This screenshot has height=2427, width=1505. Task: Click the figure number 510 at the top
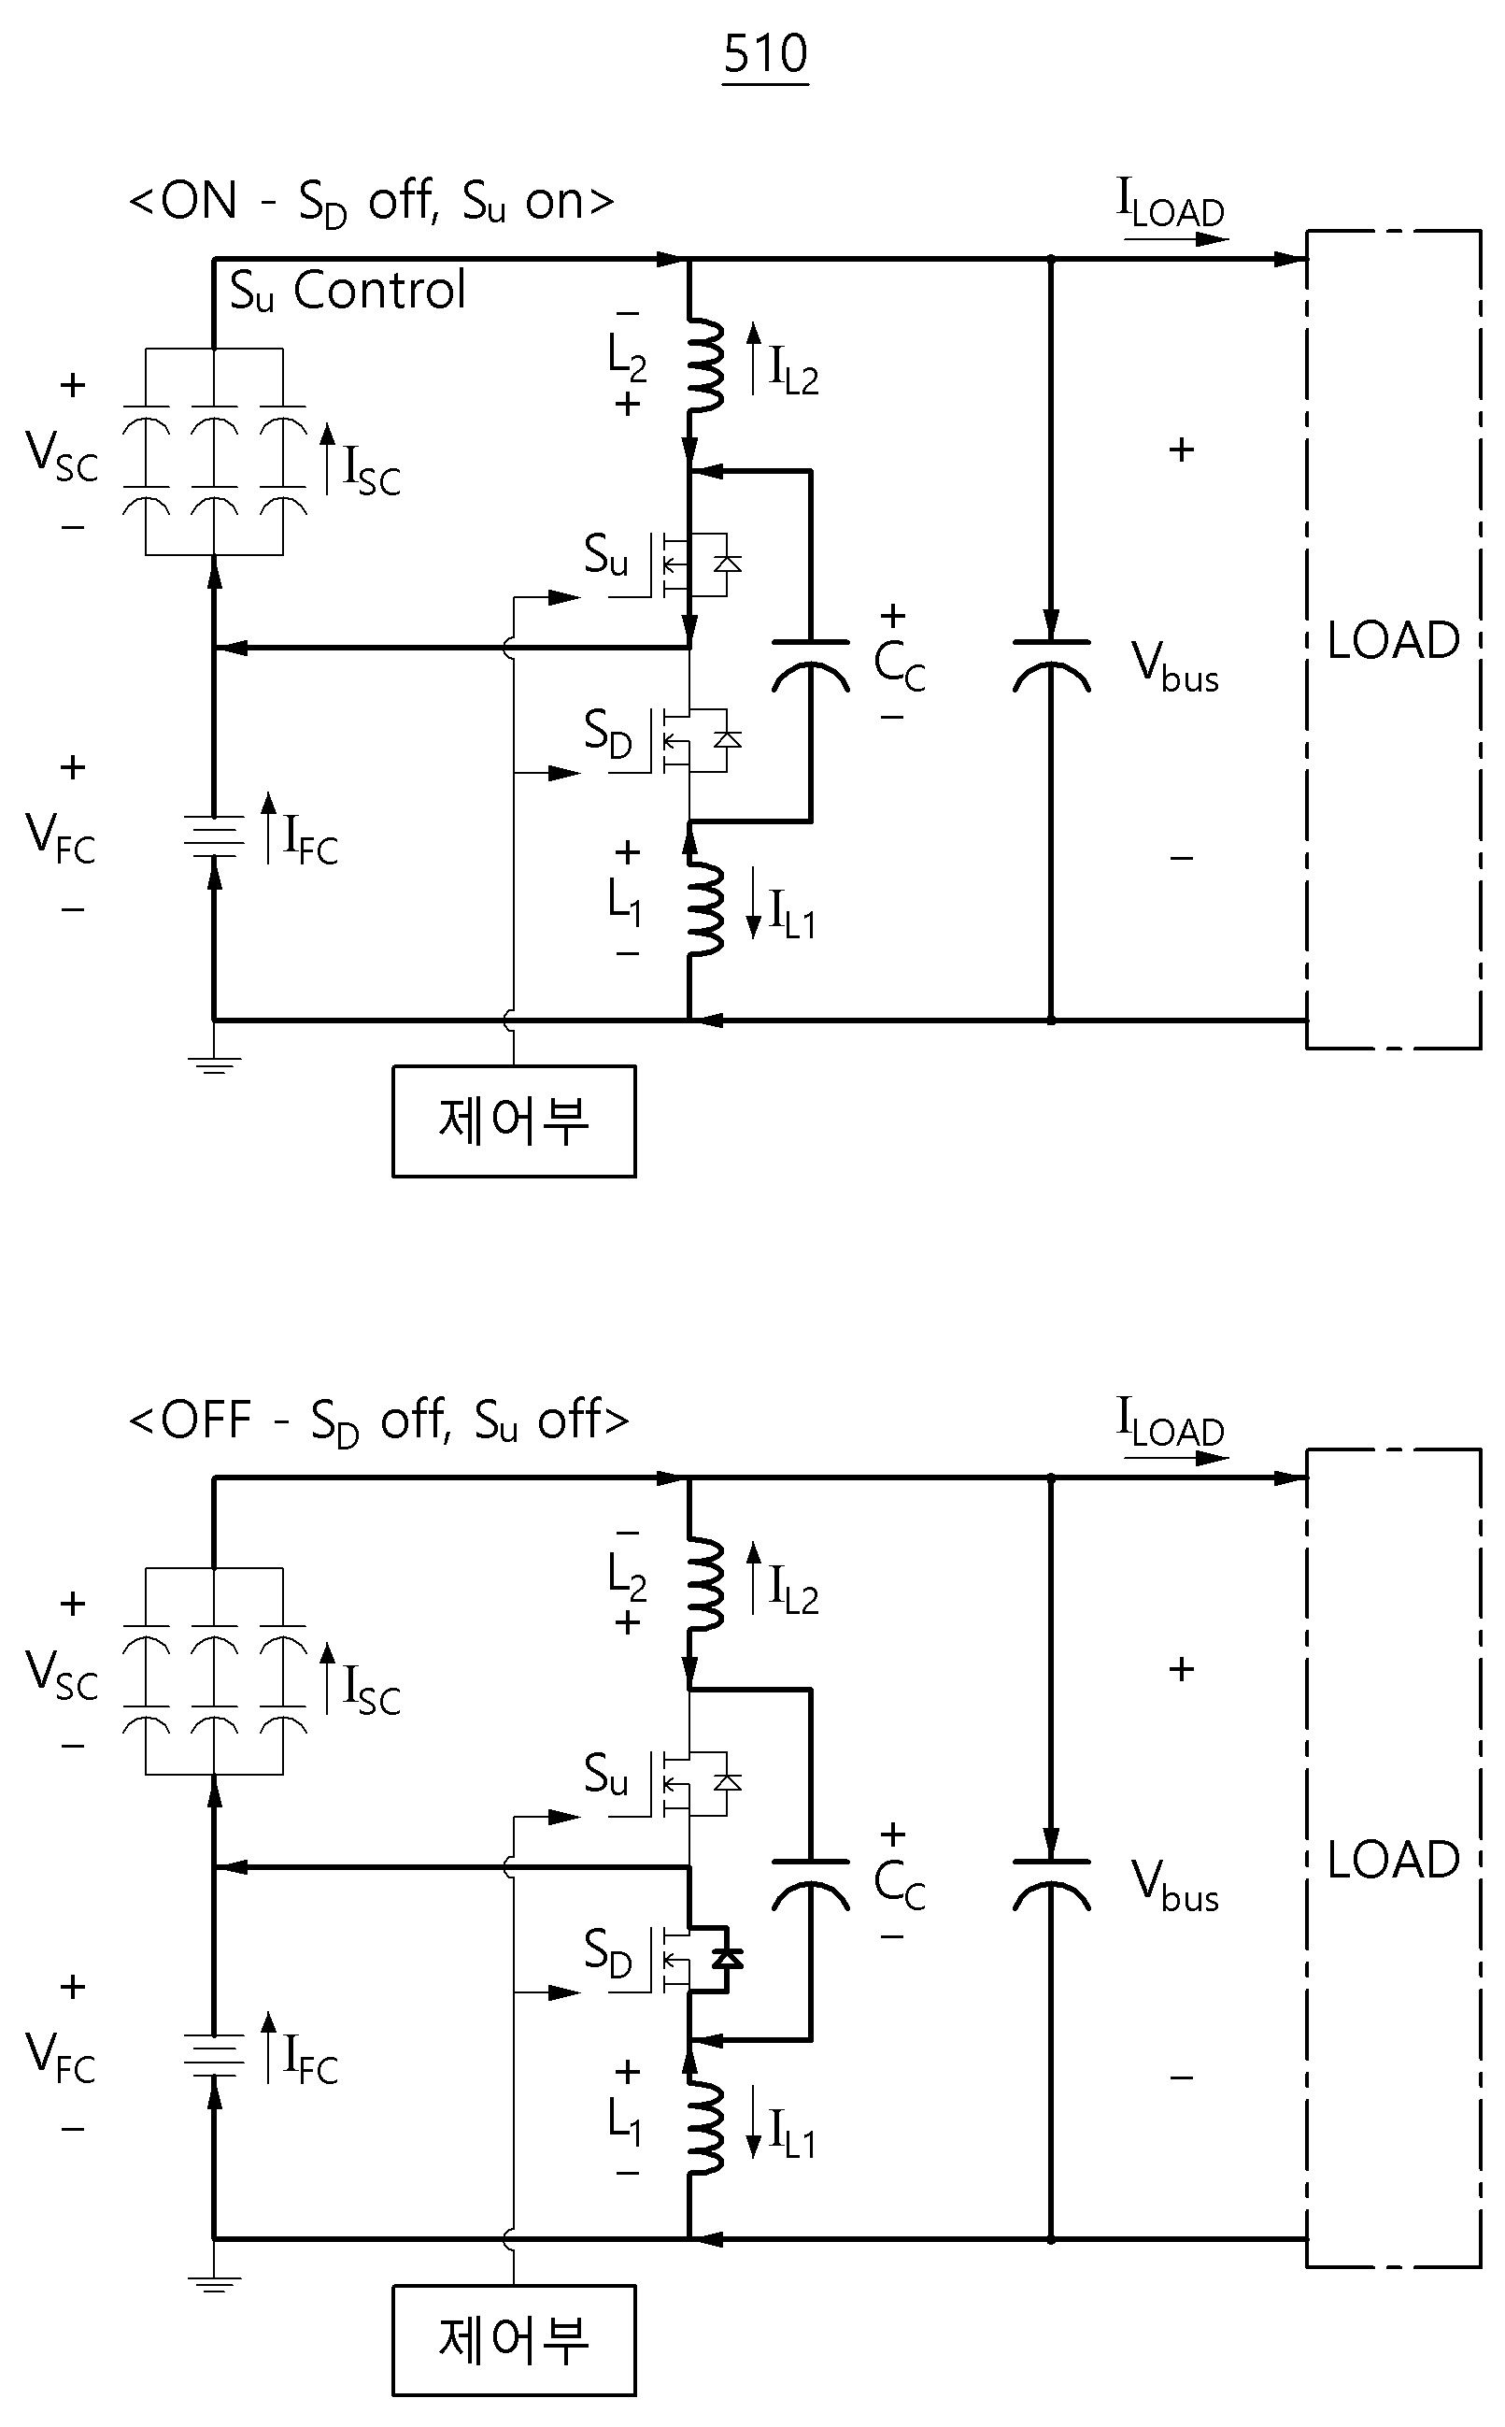click(x=765, y=54)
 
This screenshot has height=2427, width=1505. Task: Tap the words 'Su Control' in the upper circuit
click(x=348, y=291)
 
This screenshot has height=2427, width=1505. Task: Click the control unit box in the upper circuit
click(x=514, y=1121)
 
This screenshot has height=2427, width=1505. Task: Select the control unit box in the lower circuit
click(x=514, y=2339)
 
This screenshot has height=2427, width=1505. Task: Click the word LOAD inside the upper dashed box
click(x=1394, y=640)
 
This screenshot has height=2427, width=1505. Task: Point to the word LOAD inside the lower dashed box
click(x=1394, y=1860)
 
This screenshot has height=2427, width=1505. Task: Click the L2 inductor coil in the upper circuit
click(x=704, y=364)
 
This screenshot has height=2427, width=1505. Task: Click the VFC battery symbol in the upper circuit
click(x=214, y=836)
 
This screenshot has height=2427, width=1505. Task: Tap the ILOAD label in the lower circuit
click(x=1171, y=1421)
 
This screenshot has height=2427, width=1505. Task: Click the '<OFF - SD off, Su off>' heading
click(x=379, y=1421)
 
